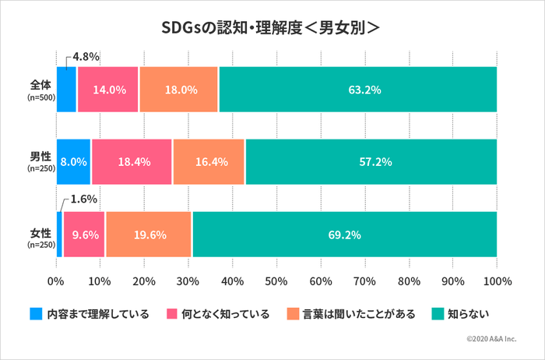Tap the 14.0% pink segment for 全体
pos(108,90)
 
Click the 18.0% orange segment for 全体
pos(180,90)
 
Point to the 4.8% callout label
pos(86,56)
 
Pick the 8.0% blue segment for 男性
pos(74,162)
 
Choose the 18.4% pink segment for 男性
pos(132,162)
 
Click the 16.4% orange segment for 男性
pos(209,162)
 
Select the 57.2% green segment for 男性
pos(371,162)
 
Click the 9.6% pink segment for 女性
pos(84,235)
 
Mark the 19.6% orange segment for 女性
pos(148,235)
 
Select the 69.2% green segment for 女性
pos(344,235)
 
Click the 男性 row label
pos(40,157)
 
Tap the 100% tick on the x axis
pos(497,281)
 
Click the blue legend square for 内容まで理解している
pos(36,314)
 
